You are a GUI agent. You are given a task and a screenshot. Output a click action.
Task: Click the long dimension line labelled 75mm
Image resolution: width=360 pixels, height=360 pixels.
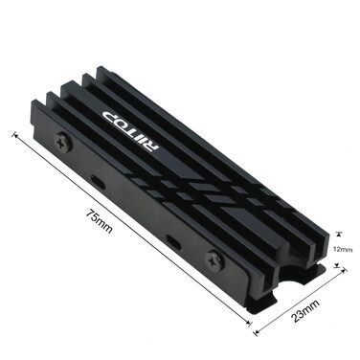[134, 235]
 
